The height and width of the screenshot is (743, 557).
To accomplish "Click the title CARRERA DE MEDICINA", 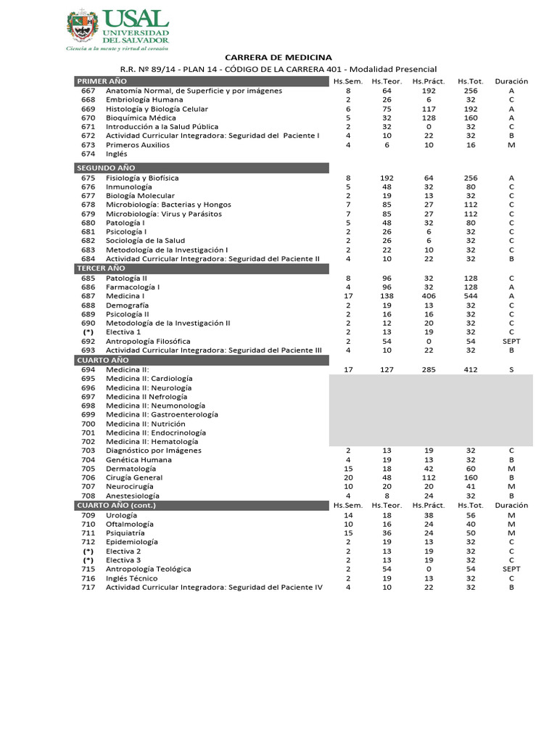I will pos(278,57).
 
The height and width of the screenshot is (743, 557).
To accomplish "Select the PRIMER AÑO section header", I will pos(102,81).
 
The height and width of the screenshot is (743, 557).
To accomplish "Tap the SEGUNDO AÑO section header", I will pos(106,168).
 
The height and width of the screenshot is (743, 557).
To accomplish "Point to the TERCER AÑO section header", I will pos(102,268).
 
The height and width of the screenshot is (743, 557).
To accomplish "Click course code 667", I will pos(88,91).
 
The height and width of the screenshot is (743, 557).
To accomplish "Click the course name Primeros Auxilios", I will pos(138,144).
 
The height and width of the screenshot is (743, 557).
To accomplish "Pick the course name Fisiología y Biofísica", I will pos(142,178).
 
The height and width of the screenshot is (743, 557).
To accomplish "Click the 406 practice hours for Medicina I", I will pos(428,296).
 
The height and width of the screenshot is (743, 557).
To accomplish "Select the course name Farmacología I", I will pos(133,287).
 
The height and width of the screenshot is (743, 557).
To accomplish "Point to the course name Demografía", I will pos(127,305).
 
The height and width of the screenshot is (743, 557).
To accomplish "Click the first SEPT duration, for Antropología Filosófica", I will pos(511,341).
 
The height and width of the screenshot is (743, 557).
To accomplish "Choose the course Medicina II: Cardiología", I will pos(149,379).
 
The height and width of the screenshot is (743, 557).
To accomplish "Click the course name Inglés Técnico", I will pos(131,578).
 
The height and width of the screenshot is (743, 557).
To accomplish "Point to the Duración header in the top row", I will pos(511,81).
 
